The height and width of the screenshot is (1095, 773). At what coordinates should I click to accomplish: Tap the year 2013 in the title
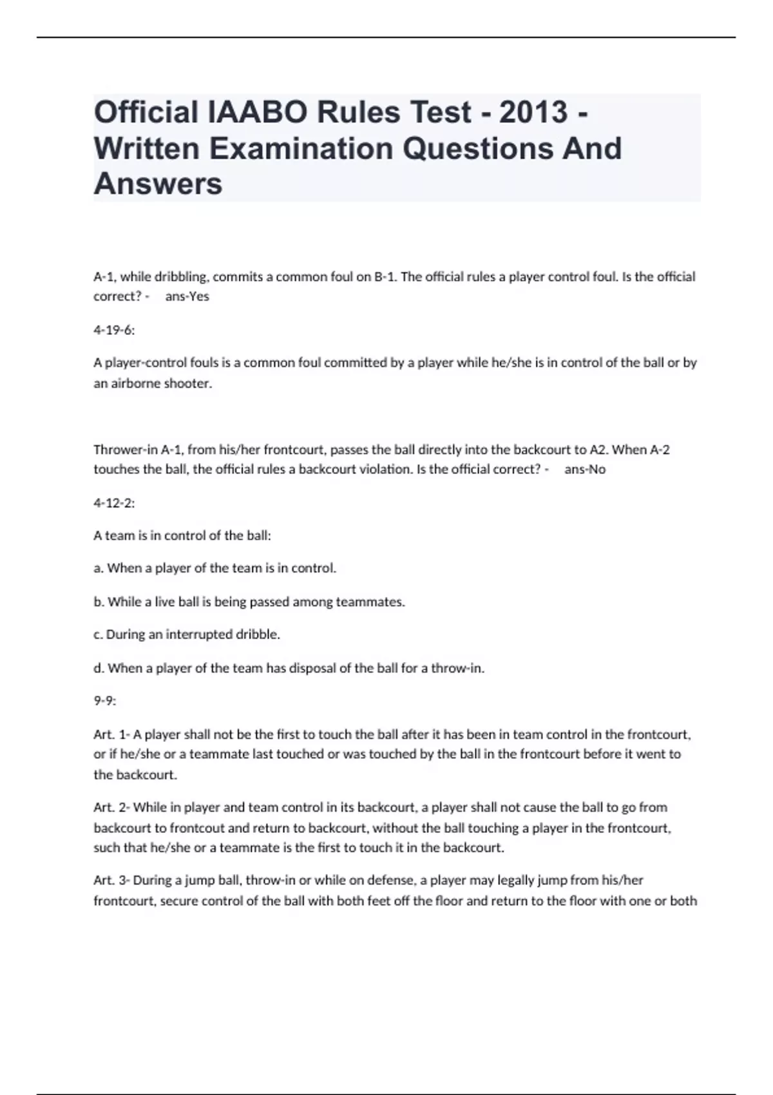tap(533, 113)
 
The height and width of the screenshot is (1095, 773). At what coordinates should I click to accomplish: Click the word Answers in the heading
tap(158, 184)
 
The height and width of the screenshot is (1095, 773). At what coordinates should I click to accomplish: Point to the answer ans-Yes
tap(187, 297)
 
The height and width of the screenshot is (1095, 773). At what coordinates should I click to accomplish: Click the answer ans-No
tap(585, 470)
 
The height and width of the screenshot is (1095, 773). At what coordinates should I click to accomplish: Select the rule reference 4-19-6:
tap(114, 330)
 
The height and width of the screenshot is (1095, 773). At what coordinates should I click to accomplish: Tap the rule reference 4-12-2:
tap(114, 503)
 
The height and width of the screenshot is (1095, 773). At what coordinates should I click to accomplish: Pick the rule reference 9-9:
tap(105, 701)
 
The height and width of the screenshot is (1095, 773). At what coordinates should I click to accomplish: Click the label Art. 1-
tap(112, 734)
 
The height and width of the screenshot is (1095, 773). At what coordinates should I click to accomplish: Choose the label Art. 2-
tap(112, 808)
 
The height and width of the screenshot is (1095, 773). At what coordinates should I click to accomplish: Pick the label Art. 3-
tap(112, 881)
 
